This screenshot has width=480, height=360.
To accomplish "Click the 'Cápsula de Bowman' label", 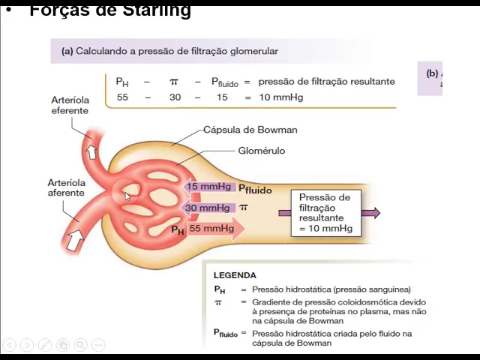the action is coord(250,130).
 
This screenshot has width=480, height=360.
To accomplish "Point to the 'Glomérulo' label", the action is coord(261,151).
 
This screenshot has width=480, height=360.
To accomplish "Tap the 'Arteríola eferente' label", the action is coord(70,105).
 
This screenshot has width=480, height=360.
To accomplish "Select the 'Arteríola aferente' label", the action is coord(66,187).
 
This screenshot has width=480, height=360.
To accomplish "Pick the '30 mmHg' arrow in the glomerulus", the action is coord(208,208).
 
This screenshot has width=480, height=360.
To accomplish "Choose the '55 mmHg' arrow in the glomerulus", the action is coord(213,229).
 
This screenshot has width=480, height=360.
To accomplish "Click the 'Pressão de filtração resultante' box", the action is coord(325,213).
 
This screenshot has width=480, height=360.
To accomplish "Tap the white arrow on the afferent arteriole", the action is coord(75,240).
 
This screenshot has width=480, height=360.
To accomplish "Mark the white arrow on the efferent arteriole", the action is coord(91,152).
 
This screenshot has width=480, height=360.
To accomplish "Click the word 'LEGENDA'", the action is coord(235,275).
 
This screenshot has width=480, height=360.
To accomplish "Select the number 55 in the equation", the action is coord(123,97).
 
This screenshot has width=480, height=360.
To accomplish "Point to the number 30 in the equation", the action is coord(175,97).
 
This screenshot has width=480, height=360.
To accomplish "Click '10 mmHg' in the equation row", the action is coord(281,97).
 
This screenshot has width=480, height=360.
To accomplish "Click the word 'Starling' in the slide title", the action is coord(156,10).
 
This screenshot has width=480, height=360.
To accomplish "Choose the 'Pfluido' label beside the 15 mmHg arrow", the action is coord(255,190).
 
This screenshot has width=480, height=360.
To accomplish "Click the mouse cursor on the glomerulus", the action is coord(127,196).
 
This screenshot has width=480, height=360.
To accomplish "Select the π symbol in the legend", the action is coord(218,302).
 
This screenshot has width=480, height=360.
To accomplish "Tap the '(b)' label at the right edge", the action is coord(432,73).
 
